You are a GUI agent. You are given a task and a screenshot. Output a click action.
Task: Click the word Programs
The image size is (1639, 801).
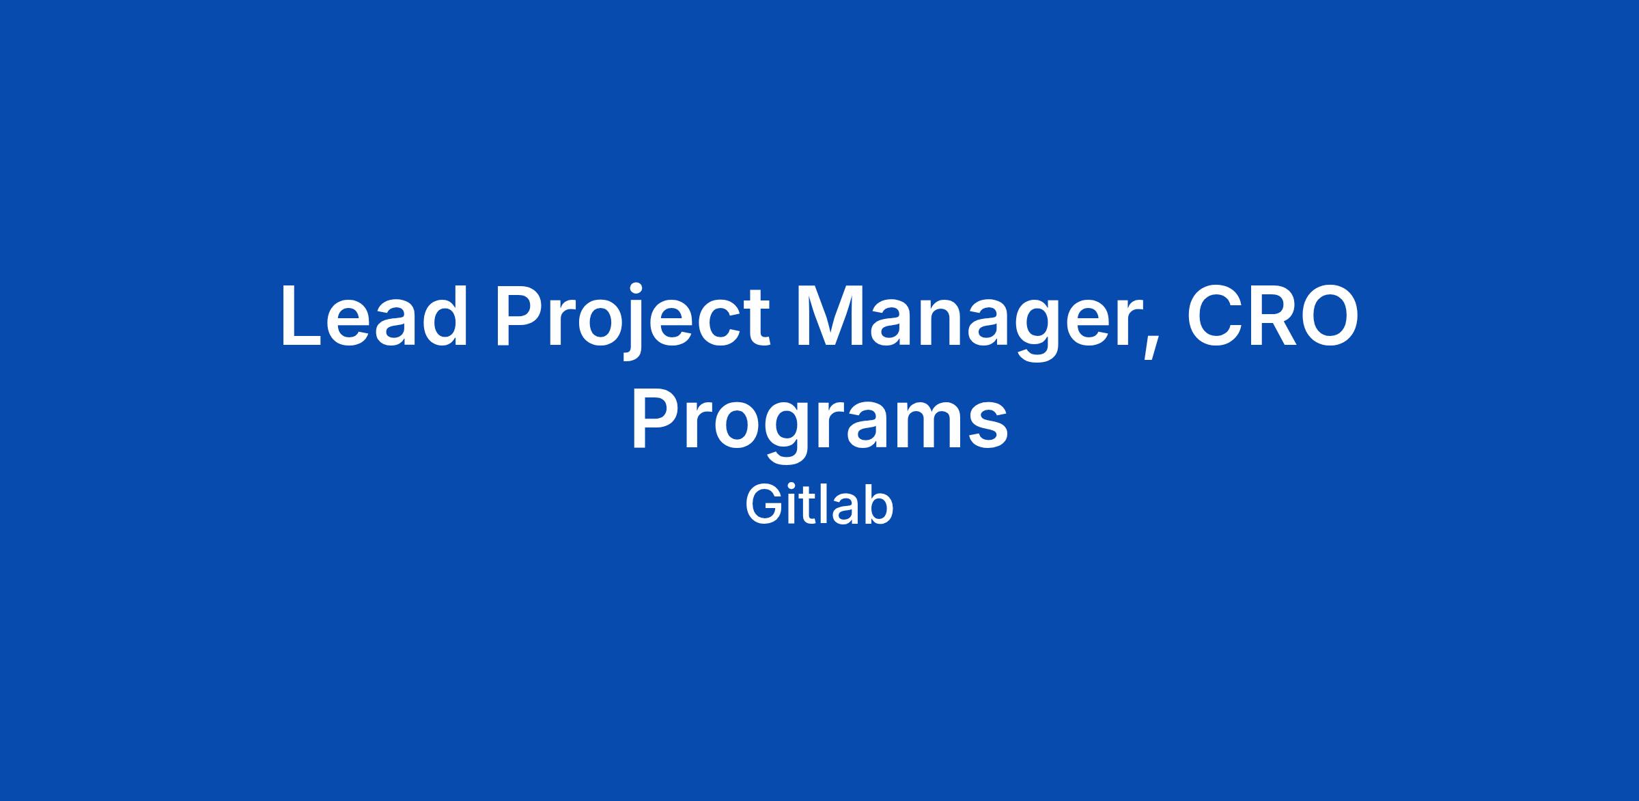[x=819, y=423]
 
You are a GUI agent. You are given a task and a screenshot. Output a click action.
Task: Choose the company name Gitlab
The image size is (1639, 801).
[x=819, y=505]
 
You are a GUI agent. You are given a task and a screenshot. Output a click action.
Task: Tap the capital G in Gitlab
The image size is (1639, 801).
[x=764, y=505]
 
